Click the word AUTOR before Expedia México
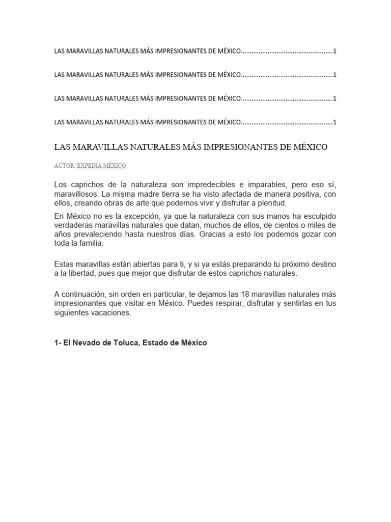click(64, 166)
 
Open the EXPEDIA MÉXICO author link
click(101, 166)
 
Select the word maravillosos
click(76, 194)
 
